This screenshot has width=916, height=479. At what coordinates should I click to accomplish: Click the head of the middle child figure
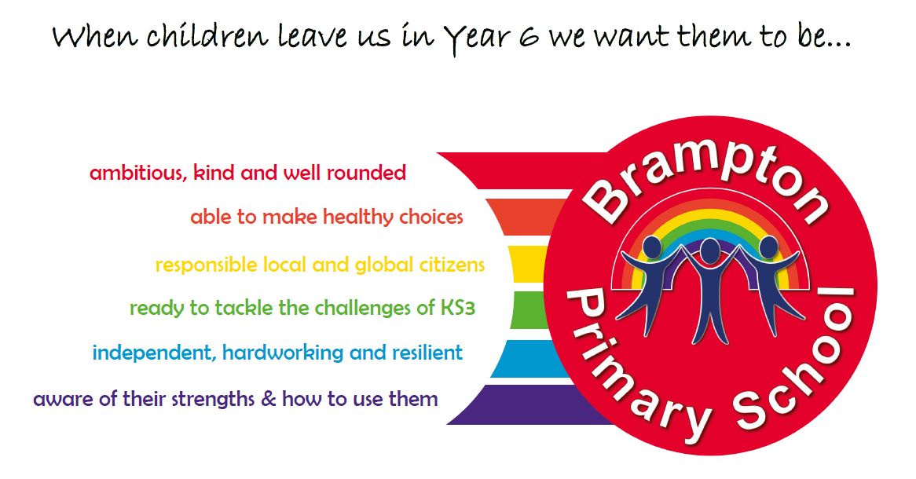710,250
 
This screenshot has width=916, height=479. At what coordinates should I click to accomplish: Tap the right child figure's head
768,247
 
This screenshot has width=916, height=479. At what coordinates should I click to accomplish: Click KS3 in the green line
457,308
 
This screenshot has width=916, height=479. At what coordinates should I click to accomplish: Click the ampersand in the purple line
268,400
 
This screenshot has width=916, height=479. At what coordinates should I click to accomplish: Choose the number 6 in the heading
527,38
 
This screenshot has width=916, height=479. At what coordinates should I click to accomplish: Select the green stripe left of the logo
529,309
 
